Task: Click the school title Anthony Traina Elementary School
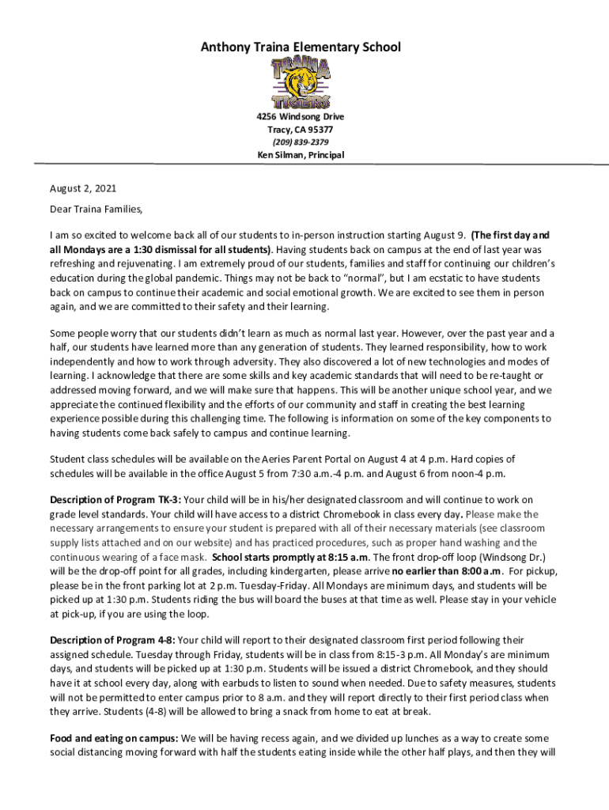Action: pyautogui.click(x=301, y=47)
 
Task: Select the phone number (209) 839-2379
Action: pyautogui.click(x=301, y=142)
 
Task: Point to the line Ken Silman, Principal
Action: pyautogui.click(x=301, y=155)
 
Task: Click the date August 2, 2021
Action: pyautogui.click(x=83, y=188)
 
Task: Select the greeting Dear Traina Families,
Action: pyautogui.click(x=97, y=210)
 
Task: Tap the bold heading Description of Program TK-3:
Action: pyautogui.click(x=115, y=500)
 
